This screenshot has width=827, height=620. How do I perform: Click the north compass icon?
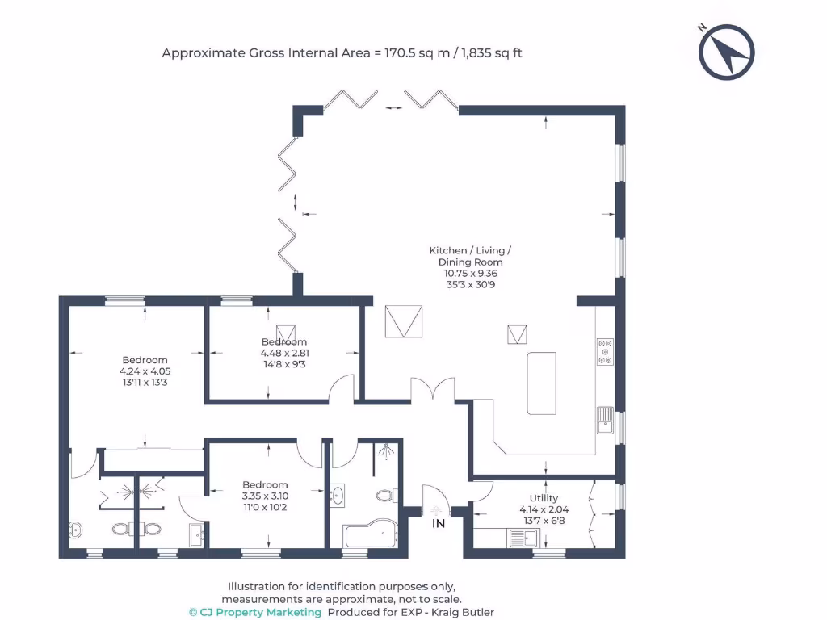(726, 52)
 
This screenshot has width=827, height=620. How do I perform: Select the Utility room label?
(544, 498)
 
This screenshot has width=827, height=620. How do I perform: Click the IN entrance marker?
(439, 524)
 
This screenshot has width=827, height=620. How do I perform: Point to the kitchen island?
(542, 383)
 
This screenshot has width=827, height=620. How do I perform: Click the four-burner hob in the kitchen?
(605, 352)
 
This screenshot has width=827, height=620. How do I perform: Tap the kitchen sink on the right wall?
(605, 418)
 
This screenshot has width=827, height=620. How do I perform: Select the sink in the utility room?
(522, 538)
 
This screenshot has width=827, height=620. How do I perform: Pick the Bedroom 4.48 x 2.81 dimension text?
(283, 353)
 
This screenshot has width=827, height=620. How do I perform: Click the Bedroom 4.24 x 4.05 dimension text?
(145, 371)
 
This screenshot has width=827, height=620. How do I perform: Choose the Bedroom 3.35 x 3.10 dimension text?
(265, 496)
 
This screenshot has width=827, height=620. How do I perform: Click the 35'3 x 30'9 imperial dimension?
(470, 284)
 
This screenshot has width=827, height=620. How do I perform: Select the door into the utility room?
(482, 489)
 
